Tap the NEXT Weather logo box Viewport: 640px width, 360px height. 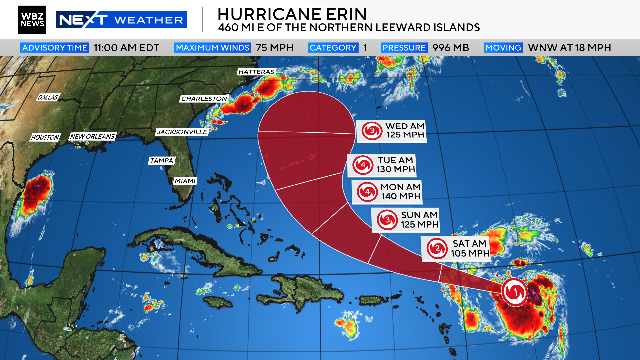click(x=121, y=19)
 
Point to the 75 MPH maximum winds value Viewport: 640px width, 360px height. click(x=265, y=47)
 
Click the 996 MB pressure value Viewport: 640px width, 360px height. click(x=459, y=47)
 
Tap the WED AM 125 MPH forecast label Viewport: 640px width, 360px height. click(x=386, y=130)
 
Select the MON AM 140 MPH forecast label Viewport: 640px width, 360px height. click(x=388, y=192)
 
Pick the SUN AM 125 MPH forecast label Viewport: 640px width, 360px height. click(x=405, y=220)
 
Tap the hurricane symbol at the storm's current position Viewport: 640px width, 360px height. click(x=513, y=292)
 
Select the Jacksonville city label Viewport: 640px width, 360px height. click(x=183, y=131)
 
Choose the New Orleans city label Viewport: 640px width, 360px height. click(x=92, y=136)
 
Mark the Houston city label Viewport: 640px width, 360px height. click(x=46, y=136)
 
